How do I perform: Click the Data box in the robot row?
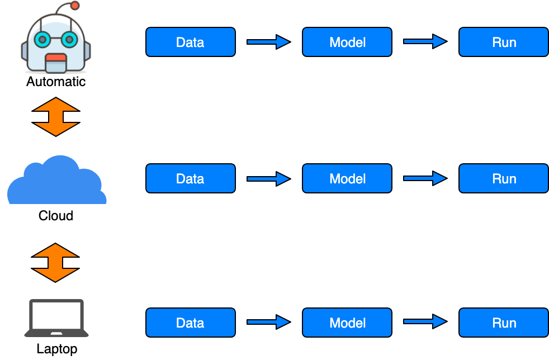190,42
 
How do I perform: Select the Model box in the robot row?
347,42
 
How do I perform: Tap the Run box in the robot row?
503,42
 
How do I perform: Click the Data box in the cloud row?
190,179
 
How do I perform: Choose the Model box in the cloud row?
347,179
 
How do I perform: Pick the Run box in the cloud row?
503,179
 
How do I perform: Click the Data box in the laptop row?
190,323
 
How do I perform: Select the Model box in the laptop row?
347,323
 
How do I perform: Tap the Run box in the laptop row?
503,323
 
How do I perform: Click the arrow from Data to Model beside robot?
268,42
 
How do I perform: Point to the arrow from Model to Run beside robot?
425,41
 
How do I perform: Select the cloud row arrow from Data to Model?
268,179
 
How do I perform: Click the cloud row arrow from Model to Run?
425,178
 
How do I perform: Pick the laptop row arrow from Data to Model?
268,322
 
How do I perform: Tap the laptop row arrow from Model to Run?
425,321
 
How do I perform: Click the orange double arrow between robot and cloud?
56,117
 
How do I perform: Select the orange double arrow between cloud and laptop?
55,262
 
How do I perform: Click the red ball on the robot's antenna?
75,6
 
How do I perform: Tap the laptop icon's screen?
56,316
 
